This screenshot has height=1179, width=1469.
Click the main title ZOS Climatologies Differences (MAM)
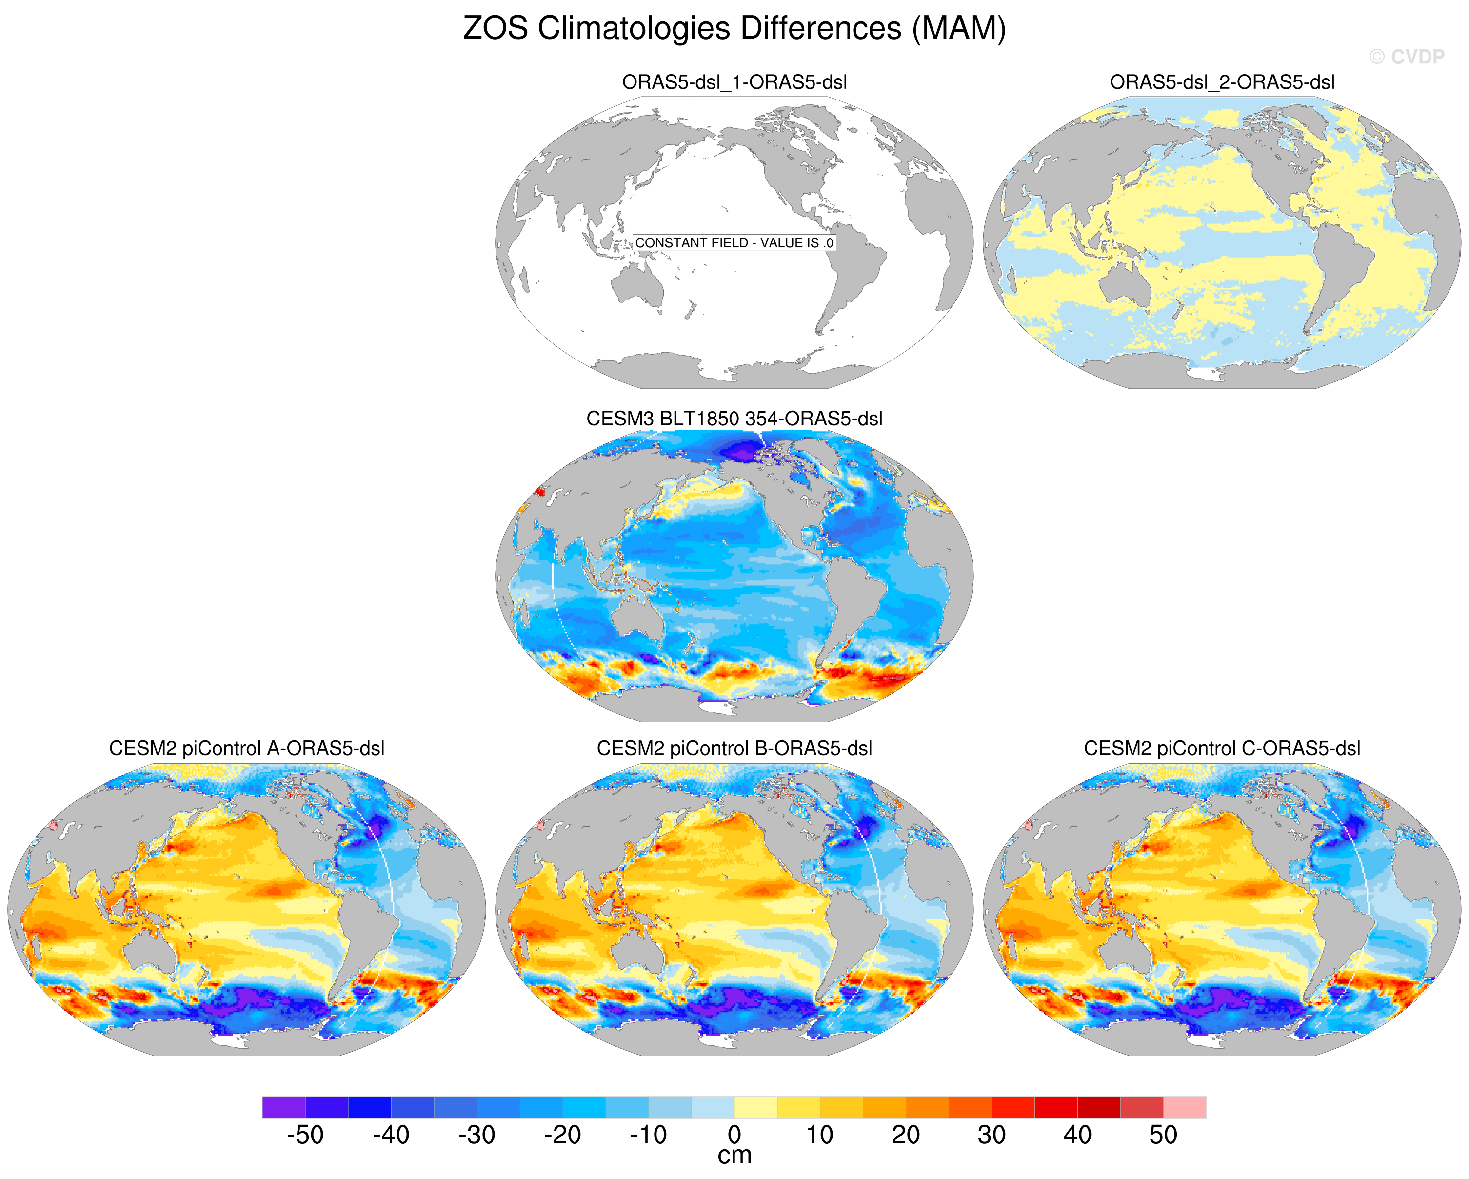click(x=734, y=29)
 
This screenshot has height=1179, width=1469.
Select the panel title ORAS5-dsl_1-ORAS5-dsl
click(x=734, y=82)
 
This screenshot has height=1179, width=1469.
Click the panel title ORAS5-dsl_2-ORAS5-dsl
click(x=1222, y=82)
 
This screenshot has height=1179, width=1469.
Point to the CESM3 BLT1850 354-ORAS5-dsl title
click(x=734, y=419)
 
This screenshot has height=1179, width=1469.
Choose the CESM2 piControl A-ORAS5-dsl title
click(x=247, y=748)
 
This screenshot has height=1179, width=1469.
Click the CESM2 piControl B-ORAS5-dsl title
click(x=734, y=748)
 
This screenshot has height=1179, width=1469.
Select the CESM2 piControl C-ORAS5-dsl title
click(x=1222, y=748)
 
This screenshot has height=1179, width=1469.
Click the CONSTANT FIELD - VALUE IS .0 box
click(x=734, y=242)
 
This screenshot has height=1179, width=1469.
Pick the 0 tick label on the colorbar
click(x=734, y=1135)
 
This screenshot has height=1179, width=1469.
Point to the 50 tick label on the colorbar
click(x=1163, y=1135)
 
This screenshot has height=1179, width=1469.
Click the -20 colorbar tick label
click(x=562, y=1135)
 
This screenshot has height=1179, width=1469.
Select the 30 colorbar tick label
click(x=992, y=1135)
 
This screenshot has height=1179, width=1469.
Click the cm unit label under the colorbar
click(x=734, y=1156)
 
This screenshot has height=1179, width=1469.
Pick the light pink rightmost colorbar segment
click(x=1184, y=1107)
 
